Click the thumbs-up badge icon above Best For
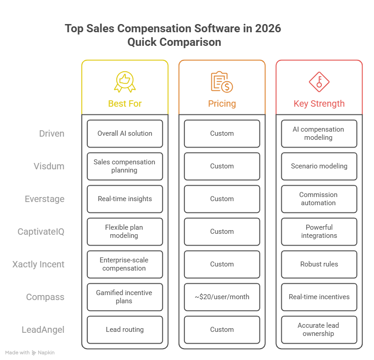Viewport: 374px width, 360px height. coord(125,82)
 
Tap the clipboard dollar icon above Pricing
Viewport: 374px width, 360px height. coord(222,82)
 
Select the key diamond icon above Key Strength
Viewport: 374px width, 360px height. coord(319,82)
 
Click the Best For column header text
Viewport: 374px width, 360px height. coord(125,104)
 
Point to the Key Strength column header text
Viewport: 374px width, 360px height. coord(319,104)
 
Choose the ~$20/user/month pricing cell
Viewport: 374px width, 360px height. coord(222,297)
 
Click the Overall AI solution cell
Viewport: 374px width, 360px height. coord(125,133)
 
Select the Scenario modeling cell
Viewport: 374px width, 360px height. coord(319,166)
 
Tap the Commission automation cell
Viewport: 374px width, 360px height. coord(319,199)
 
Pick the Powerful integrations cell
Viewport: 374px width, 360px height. coord(319,232)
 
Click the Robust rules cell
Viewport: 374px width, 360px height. coord(319,264)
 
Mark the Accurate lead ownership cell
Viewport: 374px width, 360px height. coord(319,330)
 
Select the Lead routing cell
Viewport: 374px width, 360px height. coord(125,330)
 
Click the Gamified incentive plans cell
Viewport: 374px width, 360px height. coord(125,297)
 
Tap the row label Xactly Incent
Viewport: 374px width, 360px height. coord(38,264)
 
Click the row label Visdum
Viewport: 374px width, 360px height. coord(49,166)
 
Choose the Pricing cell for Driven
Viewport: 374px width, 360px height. coord(222,133)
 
